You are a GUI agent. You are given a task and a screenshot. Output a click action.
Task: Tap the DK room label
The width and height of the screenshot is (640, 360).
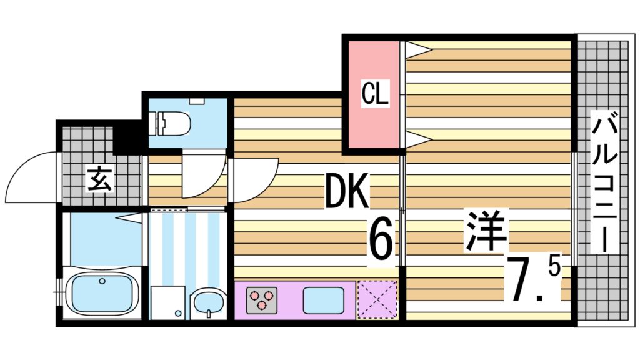tap(347, 191)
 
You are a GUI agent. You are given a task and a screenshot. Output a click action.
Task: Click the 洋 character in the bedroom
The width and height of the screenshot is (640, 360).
tap(485, 231)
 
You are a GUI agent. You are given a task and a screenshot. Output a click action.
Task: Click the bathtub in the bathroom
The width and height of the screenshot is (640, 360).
tap(101, 294)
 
